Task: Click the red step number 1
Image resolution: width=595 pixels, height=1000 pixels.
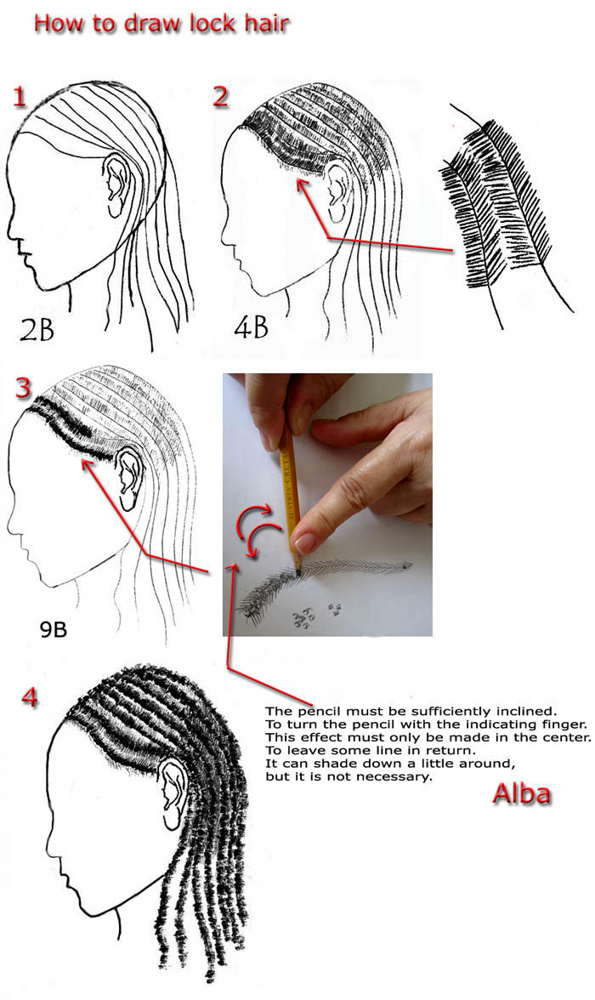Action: (20, 97)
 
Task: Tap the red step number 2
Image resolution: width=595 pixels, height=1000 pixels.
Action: (221, 96)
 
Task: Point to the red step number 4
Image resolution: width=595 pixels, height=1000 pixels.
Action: (30, 697)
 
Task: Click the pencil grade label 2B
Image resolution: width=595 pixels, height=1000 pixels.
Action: (37, 329)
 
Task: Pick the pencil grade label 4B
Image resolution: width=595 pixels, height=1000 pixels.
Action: (252, 327)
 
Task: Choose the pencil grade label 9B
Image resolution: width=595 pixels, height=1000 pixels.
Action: (54, 629)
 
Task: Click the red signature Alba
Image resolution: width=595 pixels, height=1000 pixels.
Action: (522, 794)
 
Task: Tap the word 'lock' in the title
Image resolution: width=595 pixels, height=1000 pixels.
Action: (213, 24)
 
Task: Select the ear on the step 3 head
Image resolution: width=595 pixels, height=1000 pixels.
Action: (130, 477)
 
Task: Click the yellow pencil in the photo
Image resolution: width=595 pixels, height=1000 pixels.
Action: (290, 497)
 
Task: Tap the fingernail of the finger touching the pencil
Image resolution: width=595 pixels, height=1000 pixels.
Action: (306, 543)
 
